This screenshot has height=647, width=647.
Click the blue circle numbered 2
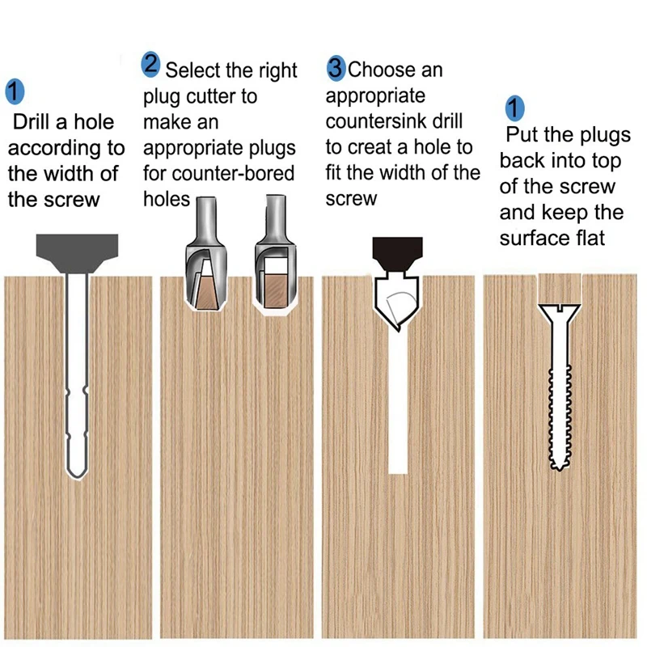tap(150, 65)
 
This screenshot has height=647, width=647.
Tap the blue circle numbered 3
tap(336, 68)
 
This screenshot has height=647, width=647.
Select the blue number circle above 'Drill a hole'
tap(15, 91)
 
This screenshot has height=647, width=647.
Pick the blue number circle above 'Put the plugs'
tap(515, 108)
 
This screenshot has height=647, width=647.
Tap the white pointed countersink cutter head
tap(396, 300)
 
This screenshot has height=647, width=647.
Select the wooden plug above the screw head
tap(560, 289)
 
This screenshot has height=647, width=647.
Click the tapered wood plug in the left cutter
tap(206, 292)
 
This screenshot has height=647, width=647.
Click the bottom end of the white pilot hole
tap(398, 472)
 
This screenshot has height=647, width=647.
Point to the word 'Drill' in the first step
tap(32, 122)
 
